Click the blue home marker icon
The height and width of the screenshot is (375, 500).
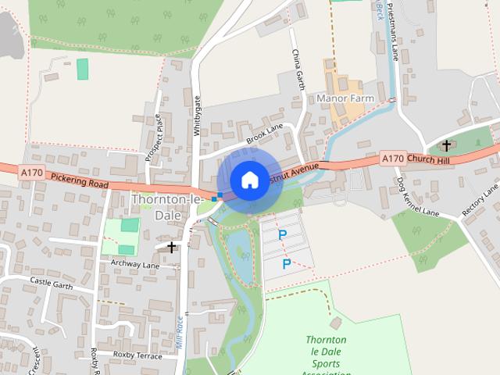click(248, 179)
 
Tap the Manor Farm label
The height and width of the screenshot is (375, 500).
click(345, 98)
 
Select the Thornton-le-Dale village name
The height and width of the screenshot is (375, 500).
click(166, 207)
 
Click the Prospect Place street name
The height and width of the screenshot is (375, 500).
click(153, 137)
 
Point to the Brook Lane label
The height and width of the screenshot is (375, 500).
click(263, 134)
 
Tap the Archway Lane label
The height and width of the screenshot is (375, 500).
click(134, 264)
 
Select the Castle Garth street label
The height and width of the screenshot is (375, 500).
click(51, 280)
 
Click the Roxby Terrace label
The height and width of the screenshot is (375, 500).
click(137, 355)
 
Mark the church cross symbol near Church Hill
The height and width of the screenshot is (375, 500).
click(447, 145)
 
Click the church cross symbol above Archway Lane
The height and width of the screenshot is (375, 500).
click(171, 247)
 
